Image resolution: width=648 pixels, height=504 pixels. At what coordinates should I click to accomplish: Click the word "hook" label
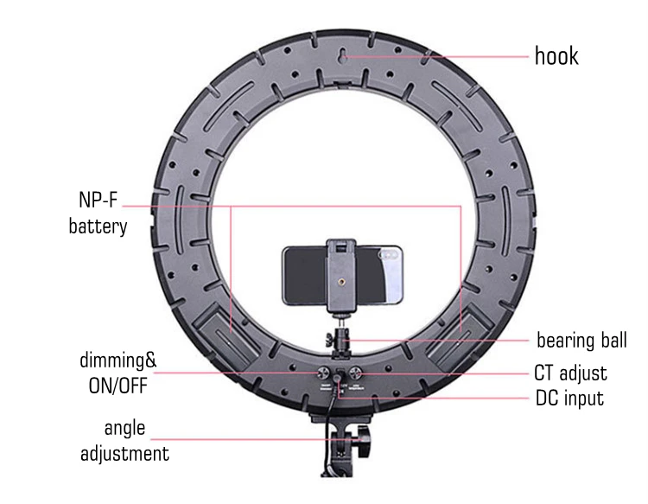556,56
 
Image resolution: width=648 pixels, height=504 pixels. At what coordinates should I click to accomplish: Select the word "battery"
98,226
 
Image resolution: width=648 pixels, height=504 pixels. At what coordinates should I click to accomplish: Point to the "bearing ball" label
581,340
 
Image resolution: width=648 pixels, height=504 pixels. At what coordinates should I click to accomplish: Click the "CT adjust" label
570,373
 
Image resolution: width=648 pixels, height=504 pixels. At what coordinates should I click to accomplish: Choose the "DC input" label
569,399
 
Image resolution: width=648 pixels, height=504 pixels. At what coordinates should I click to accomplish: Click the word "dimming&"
118,360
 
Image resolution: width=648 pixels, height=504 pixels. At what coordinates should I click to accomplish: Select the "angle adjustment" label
124,441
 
